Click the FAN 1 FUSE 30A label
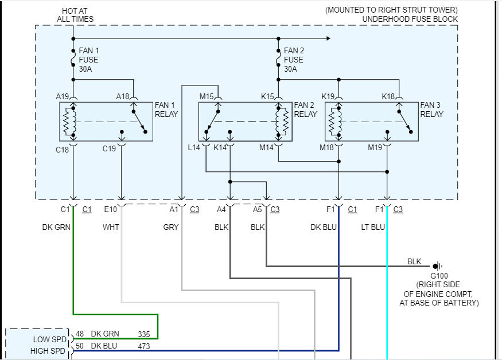88,60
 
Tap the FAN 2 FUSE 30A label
294,60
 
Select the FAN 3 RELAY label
431,109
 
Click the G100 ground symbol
438,266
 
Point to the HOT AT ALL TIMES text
75,15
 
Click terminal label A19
63,96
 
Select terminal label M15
207,96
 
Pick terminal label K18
388,96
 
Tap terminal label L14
194,148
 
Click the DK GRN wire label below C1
56,227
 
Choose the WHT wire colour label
111,227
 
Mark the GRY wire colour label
171,227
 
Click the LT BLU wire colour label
374,227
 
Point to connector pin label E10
110,209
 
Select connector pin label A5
258,209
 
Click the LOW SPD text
49,339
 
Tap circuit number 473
145,346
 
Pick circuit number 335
145,334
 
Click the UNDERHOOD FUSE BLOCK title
410,19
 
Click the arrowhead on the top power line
328,38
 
